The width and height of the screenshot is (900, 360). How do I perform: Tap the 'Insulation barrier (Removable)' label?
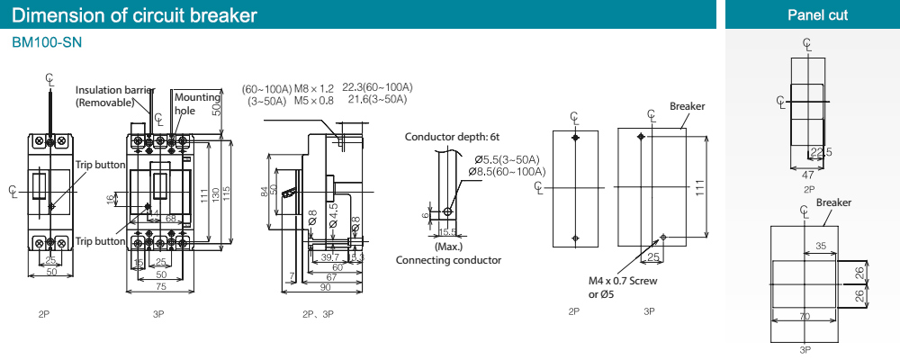tap(113, 95)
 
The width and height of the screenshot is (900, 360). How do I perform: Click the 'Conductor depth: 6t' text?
tap(452, 138)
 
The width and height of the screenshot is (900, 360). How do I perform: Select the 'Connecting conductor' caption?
tap(448, 260)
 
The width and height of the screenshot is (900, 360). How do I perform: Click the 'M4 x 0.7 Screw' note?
tap(623, 282)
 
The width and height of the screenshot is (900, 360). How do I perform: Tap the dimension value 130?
tap(216, 195)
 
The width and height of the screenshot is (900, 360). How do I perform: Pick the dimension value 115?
tap(228, 195)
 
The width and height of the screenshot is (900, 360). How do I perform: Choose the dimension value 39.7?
tap(330, 256)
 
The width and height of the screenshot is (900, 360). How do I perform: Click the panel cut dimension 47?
tap(808, 176)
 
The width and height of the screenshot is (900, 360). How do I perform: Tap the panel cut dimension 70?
tap(804, 316)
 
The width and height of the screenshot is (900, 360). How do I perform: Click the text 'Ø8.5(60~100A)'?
tap(507, 171)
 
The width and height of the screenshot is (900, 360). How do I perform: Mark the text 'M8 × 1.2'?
tap(314, 88)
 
